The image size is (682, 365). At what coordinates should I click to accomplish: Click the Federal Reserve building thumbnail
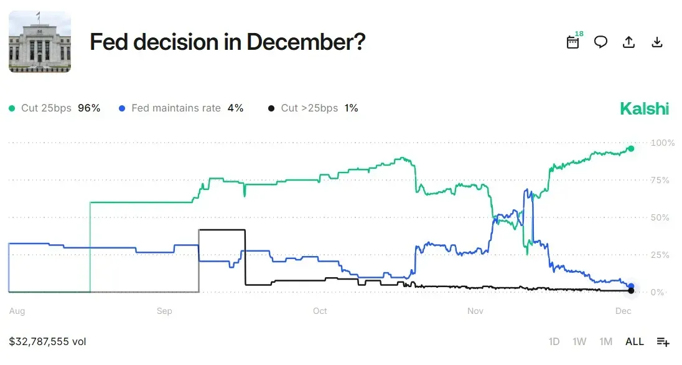(x=40, y=42)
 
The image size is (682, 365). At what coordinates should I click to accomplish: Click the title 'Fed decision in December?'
(x=227, y=42)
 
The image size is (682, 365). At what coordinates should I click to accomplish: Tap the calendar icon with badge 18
(x=573, y=42)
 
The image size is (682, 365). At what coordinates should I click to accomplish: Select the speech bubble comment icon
(x=600, y=42)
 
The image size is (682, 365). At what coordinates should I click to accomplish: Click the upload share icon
(x=628, y=42)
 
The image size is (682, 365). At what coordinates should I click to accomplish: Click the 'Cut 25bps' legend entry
(x=54, y=108)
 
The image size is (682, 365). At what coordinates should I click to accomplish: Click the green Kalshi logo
(x=644, y=109)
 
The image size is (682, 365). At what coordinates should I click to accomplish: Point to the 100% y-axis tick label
(x=662, y=143)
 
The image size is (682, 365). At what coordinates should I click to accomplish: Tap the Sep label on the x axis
(x=164, y=311)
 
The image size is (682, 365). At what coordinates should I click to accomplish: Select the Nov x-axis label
(x=475, y=311)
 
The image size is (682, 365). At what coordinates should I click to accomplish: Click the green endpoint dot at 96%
(x=631, y=148)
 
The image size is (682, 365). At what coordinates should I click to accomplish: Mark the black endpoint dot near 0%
(x=631, y=291)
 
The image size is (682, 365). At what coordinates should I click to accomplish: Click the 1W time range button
(x=579, y=341)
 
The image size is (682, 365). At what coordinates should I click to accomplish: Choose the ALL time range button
(x=635, y=341)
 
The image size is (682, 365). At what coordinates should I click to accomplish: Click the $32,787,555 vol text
(x=47, y=341)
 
